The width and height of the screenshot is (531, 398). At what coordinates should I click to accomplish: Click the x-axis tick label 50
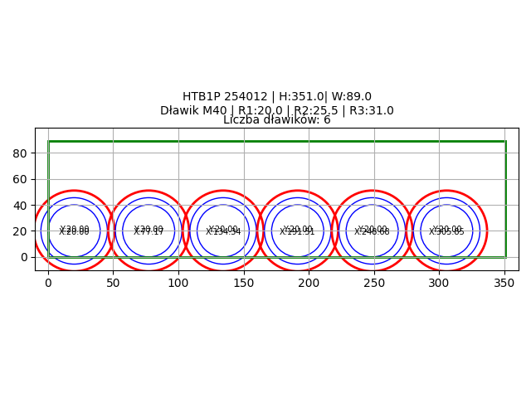(x=113, y=283)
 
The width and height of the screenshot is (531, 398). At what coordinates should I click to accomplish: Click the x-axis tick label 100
(x=178, y=283)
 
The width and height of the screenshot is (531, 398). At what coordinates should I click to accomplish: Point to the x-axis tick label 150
(x=244, y=283)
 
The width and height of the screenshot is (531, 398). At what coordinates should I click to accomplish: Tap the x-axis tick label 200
(x=309, y=283)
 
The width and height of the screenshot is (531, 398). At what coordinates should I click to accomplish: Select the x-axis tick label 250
(x=374, y=283)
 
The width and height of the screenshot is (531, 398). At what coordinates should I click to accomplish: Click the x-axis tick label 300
(x=439, y=283)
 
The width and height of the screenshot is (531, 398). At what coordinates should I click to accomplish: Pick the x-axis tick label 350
(x=504, y=283)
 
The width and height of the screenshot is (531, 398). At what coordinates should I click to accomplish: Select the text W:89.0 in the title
(x=352, y=97)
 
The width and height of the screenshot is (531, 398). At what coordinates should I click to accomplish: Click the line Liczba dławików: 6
(x=277, y=120)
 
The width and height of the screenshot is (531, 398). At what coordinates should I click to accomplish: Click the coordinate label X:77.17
(x=149, y=232)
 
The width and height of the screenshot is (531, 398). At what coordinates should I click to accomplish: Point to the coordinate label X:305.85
(x=446, y=232)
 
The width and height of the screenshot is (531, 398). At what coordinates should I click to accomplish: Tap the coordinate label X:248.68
(x=372, y=232)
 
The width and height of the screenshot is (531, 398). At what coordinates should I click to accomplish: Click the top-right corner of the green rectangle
(x=505, y=142)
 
